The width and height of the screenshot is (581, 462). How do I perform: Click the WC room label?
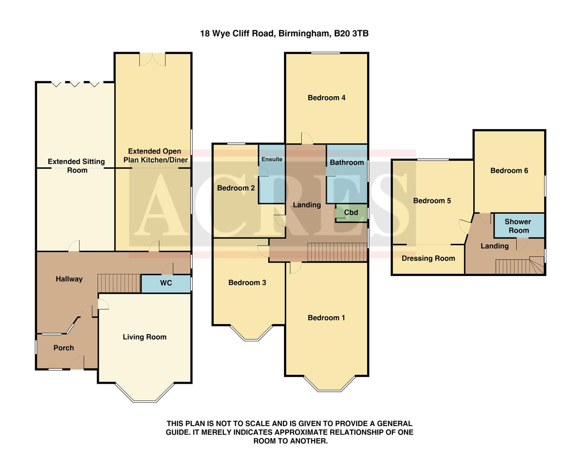[166, 283]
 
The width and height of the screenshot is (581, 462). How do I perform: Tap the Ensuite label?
[272, 159]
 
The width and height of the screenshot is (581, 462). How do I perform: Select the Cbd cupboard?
[351, 213]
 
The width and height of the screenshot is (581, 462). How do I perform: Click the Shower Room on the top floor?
[518, 226]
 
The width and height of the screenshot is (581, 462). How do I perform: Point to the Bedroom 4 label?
[326, 98]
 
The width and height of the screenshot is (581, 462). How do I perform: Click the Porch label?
[64, 348]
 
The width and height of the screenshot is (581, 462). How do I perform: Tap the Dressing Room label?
[428, 258]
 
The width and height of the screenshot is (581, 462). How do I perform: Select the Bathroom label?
[347, 163]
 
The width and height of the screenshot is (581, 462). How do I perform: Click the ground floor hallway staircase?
[119, 283]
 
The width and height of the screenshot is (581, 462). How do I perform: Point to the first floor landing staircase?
[337, 252]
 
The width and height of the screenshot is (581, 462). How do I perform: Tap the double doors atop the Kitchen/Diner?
[152, 59]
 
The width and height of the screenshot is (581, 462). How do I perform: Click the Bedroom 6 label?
[509, 171]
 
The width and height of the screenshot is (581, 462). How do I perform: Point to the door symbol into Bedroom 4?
[307, 139]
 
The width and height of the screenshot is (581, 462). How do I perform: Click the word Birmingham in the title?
[304, 33]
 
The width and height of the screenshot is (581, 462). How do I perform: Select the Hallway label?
[69, 279]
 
